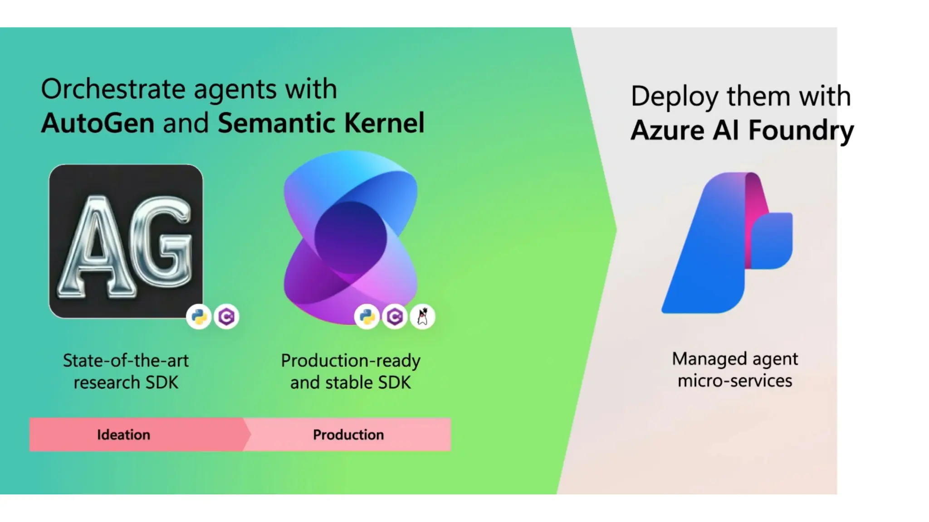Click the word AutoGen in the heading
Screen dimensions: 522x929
[x=98, y=123]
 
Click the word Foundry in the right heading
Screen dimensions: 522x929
[x=801, y=130]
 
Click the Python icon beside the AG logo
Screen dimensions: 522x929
[x=199, y=316]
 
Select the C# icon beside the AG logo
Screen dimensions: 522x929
[x=226, y=316]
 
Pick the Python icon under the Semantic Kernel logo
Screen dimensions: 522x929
[x=367, y=316]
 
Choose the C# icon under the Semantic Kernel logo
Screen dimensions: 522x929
[x=395, y=316]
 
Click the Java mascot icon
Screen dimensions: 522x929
[x=422, y=316]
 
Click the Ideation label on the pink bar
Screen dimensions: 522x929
[x=123, y=435]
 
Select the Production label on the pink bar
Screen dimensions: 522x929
[x=348, y=435]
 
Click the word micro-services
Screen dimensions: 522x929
[x=735, y=381]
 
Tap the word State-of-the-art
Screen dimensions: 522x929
[x=126, y=361]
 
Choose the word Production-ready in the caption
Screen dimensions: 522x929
[x=351, y=361]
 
